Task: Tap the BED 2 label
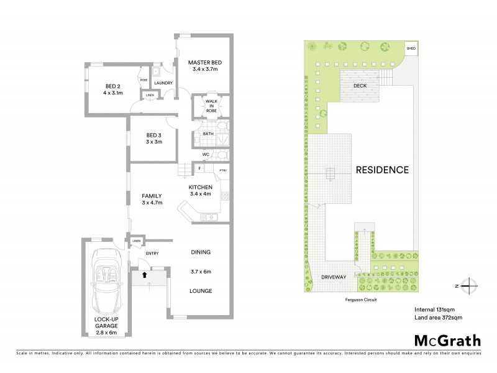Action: [x=113, y=86]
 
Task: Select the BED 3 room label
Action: [x=154, y=136]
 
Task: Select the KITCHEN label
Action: [x=201, y=187]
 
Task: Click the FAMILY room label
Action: [x=152, y=196]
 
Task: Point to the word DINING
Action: [x=201, y=252]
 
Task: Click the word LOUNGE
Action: [x=201, y=291]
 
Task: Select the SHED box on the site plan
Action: [x=411, y=48]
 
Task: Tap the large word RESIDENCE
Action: [x=382, y=170]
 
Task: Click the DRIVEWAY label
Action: [x=330, y=277]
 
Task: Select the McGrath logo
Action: [x=447, y=340]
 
